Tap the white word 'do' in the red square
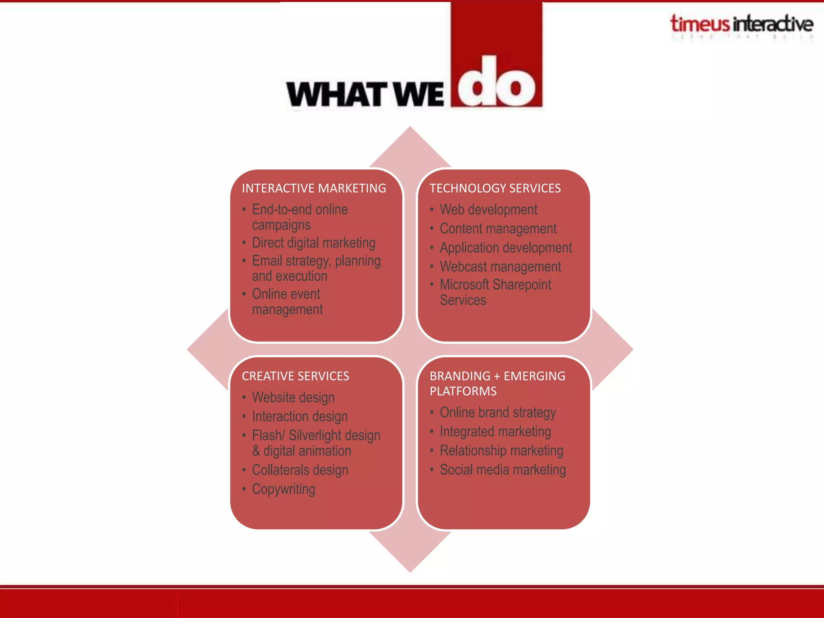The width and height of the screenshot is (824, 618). (496, 82)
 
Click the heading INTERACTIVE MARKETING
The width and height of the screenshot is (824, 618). (314, 188)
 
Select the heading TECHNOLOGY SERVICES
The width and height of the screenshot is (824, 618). (495, 188)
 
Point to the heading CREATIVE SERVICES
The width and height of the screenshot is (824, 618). (295, 376)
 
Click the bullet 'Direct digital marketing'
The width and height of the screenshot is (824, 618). (313, 243)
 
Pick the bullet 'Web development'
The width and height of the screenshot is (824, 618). (488, 210)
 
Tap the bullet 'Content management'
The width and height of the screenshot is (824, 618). (498, 229)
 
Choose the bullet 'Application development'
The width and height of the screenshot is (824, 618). (505, 248)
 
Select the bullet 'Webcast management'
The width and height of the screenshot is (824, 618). (500, 267)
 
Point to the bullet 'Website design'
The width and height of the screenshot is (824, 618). (293, 398)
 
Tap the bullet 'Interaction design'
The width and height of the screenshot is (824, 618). (300, 416)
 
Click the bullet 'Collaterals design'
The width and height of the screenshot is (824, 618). (300, 470)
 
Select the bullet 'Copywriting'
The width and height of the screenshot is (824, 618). (284, 489)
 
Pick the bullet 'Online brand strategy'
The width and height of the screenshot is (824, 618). (498, 412)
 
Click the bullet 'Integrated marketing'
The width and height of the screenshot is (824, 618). (495, 432)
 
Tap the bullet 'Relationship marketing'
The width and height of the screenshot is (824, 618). (501, 451)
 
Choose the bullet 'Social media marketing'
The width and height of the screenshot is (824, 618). (503, 470)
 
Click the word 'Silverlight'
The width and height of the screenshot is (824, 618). (315, 436)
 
